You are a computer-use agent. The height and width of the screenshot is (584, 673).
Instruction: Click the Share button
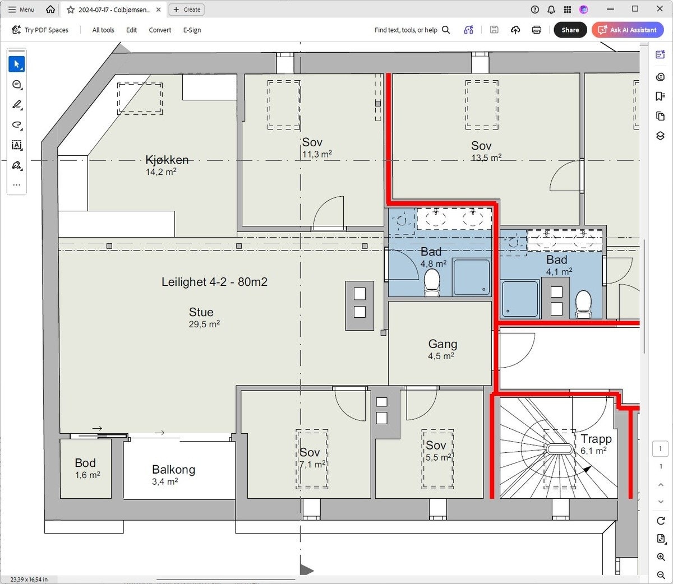point(570,30)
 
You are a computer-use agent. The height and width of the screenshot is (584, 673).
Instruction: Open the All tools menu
point(103,30)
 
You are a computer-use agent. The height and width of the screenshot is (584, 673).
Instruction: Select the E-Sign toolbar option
point(192,30)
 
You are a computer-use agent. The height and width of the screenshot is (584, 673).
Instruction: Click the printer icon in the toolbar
point(537,30)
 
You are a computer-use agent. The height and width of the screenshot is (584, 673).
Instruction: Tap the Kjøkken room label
point(167,160)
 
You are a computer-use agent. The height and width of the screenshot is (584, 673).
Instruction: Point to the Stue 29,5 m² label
point(204,317)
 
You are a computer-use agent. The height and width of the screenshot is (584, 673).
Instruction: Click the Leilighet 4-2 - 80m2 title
point(214,282)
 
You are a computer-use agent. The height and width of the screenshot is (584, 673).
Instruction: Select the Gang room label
point(442,344)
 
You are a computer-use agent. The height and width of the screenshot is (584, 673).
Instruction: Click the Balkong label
point(174,470)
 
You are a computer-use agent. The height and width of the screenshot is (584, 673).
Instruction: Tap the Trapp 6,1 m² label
point(596,444)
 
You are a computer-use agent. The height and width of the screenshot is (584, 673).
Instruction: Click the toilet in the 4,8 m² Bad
point(432,282)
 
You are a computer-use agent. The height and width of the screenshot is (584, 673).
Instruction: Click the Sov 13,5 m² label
point(486,151)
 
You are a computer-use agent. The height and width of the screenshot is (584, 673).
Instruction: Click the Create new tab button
point(187,10)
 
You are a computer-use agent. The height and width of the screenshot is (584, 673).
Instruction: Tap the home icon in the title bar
point(50,10)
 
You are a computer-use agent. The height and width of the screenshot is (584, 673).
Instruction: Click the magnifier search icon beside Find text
point(446,30)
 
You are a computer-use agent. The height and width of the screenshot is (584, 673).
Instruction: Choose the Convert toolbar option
point(160,30)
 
